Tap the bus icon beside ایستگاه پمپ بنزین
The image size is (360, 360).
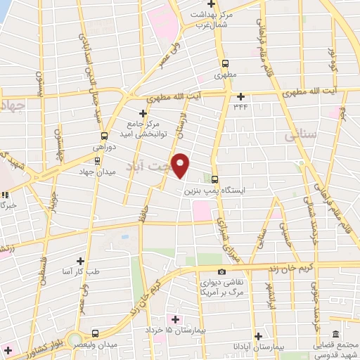215,179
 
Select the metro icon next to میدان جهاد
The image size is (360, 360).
97,160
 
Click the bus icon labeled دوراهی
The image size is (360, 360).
104,136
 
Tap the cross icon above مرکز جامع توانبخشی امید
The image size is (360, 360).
143,112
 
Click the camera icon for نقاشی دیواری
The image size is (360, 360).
222,271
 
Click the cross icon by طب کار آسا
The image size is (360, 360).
81,261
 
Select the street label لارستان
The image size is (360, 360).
187,127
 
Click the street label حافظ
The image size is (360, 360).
142,210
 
